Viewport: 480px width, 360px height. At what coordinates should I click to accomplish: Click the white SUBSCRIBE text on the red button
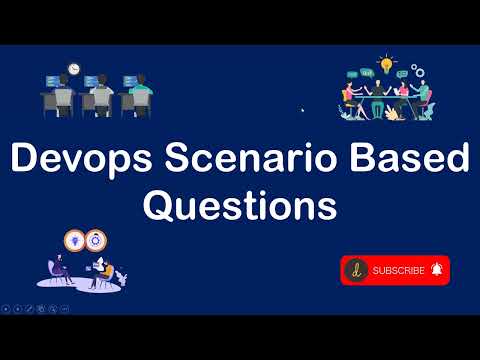pyautogui.click(x=397, y=270)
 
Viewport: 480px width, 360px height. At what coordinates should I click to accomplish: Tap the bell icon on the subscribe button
pyautogui.click(x=436, y=270)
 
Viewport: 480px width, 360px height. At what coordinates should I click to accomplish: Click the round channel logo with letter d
pyautogui.click(x=356, y=270)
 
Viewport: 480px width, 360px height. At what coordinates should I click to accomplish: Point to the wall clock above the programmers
pyautogui.click(x=73, y=69)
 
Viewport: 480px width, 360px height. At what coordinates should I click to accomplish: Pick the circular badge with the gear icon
pyautogui.click(x=100, y=239)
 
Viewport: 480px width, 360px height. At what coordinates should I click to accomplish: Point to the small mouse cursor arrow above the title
pyautogui.click(x=302, y=110)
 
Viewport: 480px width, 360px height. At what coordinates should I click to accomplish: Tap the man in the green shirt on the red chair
pyautogui.click(x=421, y=94)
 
